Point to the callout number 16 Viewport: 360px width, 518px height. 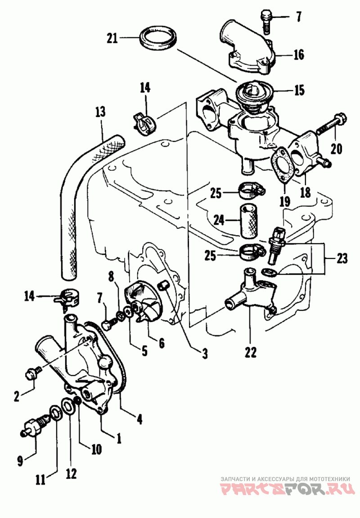[x=299, y=55]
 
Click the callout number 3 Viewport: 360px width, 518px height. [x=204, y=354]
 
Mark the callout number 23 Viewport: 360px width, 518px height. [x=341, y=259]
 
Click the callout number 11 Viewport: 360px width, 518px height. [x=40, y=480]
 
